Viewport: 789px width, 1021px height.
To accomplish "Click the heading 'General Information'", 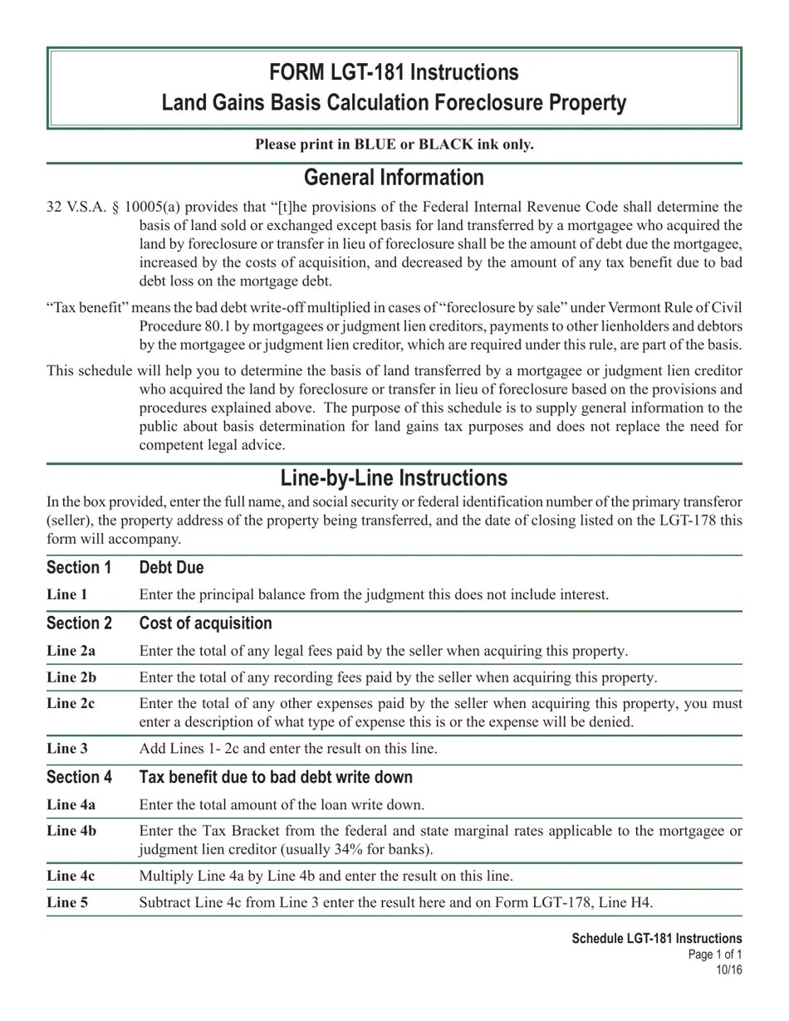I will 394,178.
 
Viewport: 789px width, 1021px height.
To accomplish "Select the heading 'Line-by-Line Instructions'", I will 394,478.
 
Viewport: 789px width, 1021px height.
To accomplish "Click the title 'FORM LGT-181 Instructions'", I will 394,73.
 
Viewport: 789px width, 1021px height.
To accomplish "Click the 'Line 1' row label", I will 67,594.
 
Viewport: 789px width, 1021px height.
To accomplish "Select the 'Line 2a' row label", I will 71,651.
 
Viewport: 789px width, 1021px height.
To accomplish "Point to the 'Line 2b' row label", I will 71,677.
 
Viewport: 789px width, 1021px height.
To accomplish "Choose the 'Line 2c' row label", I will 71,704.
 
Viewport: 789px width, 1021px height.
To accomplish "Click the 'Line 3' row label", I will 67,748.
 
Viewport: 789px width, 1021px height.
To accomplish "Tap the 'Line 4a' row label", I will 71,804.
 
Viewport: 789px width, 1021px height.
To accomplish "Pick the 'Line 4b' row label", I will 71,831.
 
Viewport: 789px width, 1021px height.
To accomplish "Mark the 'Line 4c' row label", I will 71,876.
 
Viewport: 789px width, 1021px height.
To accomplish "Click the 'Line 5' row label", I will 67,902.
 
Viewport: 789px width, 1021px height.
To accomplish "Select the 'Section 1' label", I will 79,568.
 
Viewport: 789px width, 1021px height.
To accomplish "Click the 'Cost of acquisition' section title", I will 205,623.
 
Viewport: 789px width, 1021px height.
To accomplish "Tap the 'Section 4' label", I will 79,778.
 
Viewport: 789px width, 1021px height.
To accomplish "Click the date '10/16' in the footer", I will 729,970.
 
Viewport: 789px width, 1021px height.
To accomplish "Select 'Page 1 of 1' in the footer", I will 715,955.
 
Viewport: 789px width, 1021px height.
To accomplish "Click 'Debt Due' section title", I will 171,568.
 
